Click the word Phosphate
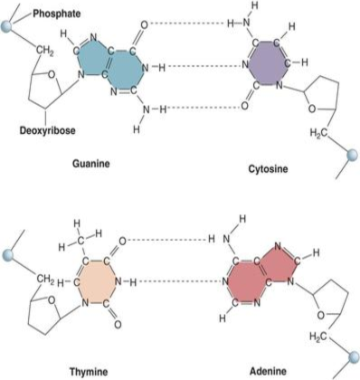[x=56, y=14]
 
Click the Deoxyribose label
[x=47, y=130]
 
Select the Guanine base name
[x=91, y=164]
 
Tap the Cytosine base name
[x=268, y=168]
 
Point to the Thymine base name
[x=89, y=371]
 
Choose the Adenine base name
[x=268, y=371]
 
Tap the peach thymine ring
[x=96, y=282]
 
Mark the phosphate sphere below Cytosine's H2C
[x=351, y=156]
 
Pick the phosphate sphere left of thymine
[x=8, y=255]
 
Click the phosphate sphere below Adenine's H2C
[x=354, y=357]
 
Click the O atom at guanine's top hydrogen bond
[x=145, y=24]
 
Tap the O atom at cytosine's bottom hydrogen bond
[x=245, y=106]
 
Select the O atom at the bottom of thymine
[x=118, y=325]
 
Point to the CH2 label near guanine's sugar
[x=45, y=51]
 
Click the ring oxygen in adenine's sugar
[x=321, y=316]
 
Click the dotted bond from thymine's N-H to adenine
[x=180, y=282]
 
